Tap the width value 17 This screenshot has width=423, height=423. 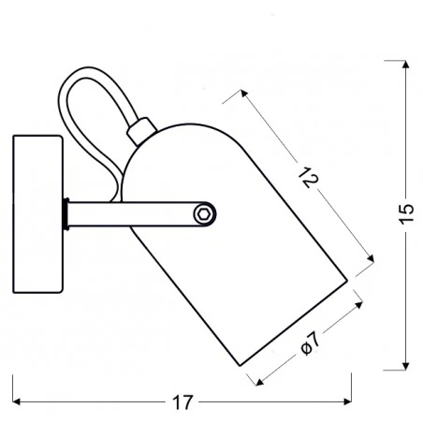point(182,402)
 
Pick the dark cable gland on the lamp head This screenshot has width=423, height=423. point(141,129)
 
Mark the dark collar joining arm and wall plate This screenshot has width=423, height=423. point(65,214)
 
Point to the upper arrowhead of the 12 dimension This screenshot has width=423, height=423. point(244,92)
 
